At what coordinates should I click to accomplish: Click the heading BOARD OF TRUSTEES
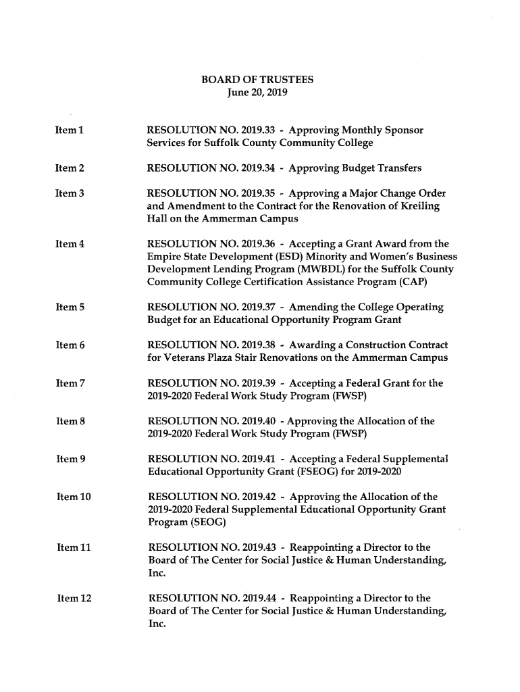tap(257, 80)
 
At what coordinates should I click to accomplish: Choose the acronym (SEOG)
tap(208, 523)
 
